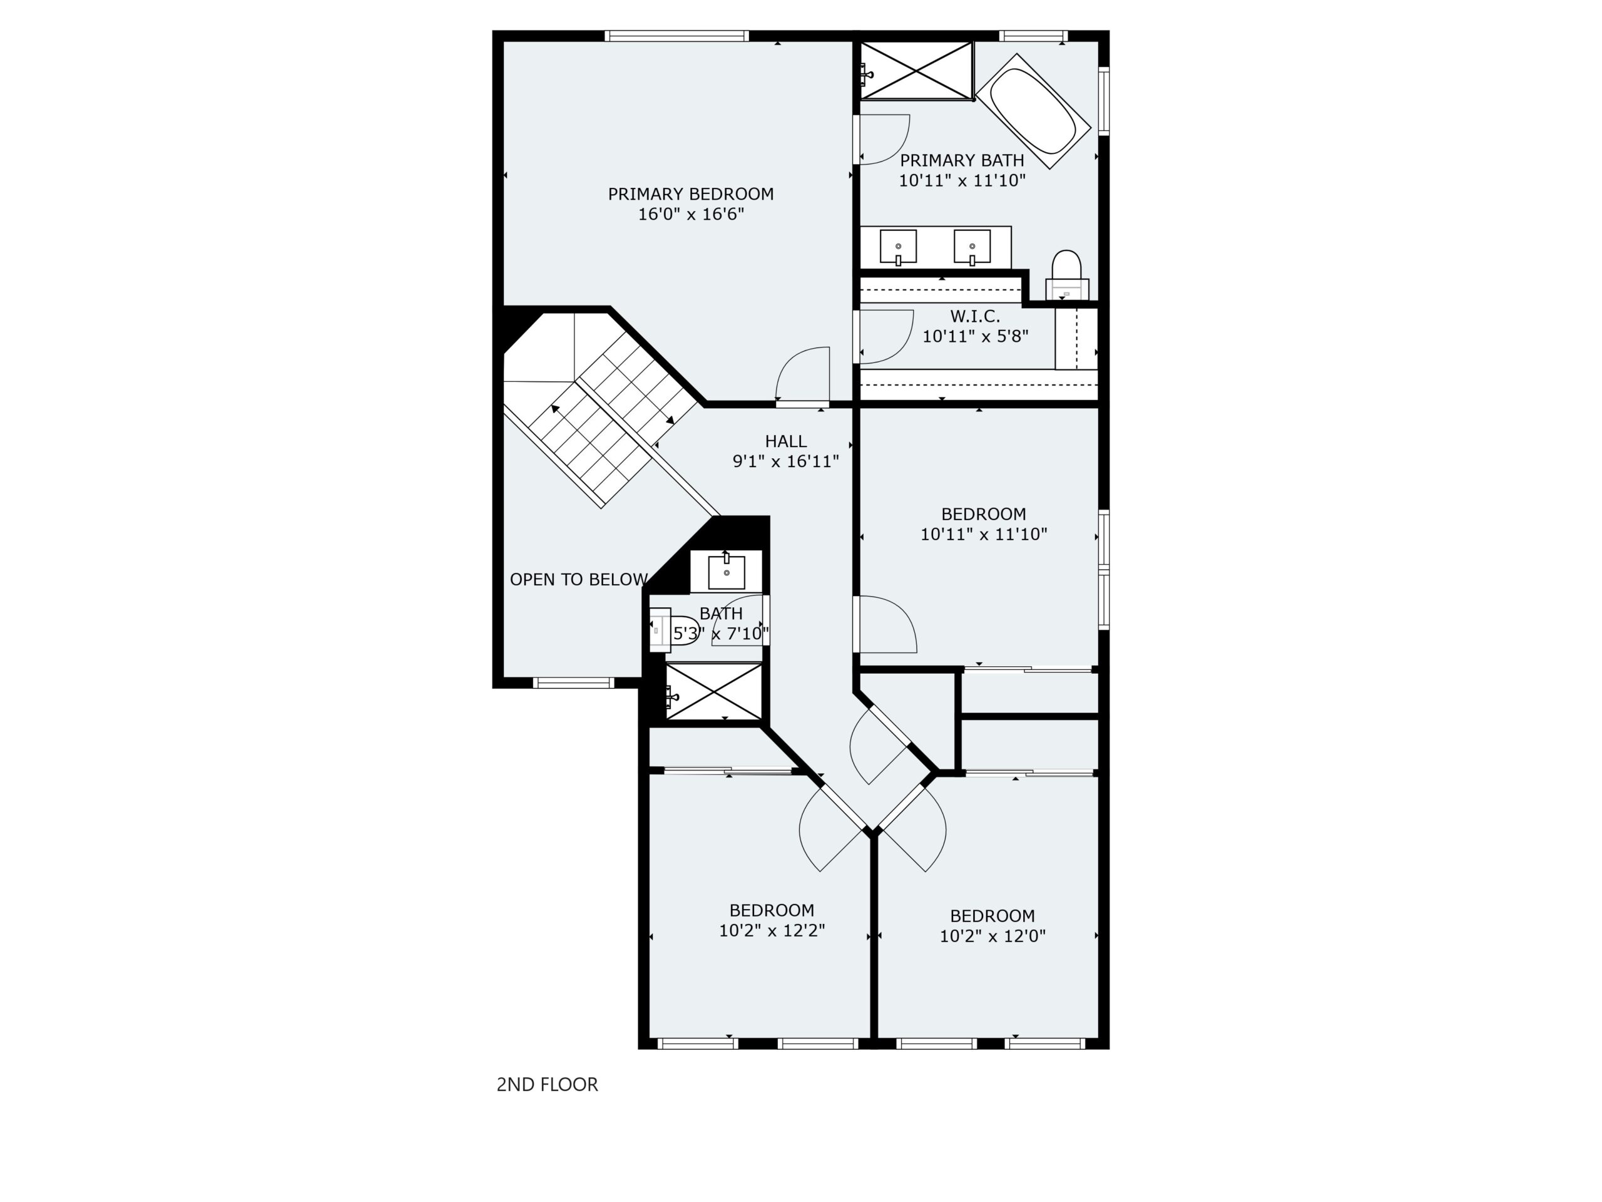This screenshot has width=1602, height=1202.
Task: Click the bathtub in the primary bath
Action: [1033, 111]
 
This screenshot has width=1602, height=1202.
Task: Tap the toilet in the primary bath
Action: [1067, 275]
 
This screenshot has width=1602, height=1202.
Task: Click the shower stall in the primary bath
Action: [916, 70]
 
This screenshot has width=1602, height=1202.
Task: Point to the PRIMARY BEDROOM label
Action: [691, 194]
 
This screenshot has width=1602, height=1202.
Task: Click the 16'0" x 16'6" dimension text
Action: [691, 215]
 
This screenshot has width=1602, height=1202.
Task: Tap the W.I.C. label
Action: [975, 317]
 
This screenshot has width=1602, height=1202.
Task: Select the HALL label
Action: [786, 441]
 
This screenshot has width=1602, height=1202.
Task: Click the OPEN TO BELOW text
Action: [579, 580]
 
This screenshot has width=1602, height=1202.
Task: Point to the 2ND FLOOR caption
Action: [548, 1085]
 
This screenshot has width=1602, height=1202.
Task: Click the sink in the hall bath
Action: [727, 572]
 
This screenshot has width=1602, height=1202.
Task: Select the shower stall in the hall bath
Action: [714, 691]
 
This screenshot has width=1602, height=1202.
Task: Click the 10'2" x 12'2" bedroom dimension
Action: [772, 930]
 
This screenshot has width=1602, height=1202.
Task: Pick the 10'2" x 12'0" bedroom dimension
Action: [993, 936]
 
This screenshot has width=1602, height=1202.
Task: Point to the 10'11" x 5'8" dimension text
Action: [976, 337]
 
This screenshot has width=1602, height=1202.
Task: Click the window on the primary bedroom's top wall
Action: [676, 36]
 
